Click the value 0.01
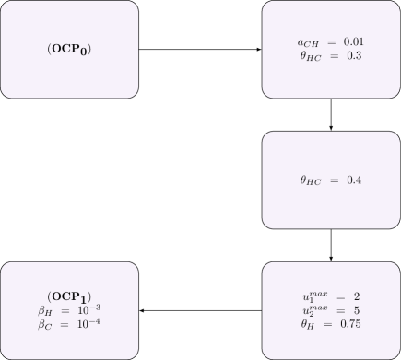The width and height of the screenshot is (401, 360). [x=355, y=42]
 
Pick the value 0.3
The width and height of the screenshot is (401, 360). [x=353, y=56]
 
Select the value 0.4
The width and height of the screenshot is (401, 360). [x=353, y=180]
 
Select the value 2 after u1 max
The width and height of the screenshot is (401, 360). [x=355, y=296]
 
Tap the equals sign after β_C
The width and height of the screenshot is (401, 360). [x=67, y=324]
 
